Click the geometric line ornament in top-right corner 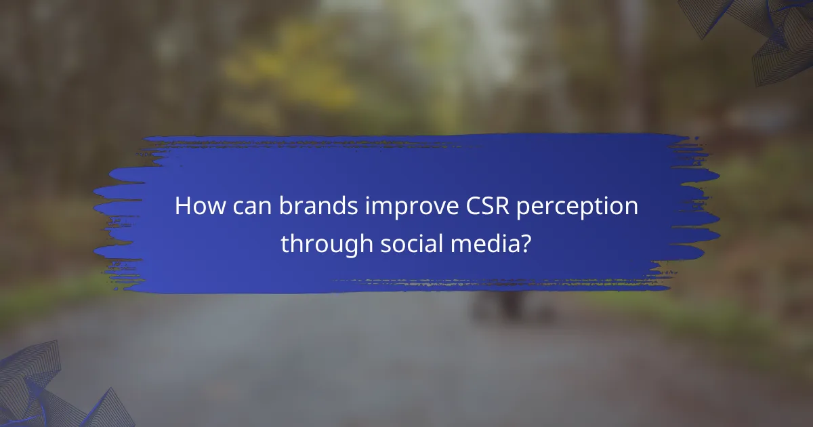tap(766, 34)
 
